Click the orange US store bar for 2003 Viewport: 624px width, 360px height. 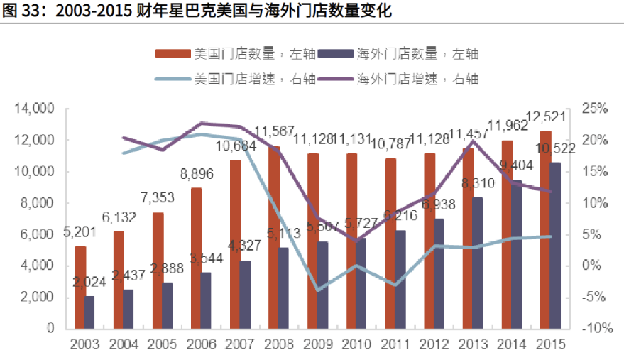tap(81, 287)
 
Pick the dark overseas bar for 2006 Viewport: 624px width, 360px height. tap(207, 300)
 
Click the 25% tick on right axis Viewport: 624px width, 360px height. tap(596, 109)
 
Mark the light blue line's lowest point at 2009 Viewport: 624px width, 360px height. tap(318, 290)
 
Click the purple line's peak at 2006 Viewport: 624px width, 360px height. tap(202, 124)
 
